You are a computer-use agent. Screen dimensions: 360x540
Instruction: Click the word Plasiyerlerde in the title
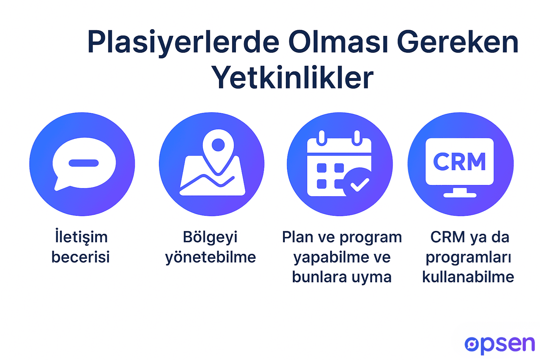pos(183,43)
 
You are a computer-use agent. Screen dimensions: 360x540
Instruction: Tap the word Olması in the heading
pos(339,43)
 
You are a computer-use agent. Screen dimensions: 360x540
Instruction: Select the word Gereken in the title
pos(457,43)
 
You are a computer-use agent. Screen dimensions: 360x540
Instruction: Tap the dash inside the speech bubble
pos(84,163)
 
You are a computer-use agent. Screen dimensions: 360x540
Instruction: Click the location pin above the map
pos(218,148)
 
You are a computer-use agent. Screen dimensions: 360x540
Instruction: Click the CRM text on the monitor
pos(459,162)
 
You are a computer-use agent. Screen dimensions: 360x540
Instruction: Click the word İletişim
pos(81,237)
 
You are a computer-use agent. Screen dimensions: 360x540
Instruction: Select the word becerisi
pos(81,257)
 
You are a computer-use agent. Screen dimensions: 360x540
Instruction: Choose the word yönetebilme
pos(210,257)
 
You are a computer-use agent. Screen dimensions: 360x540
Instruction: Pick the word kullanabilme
pos(468,277)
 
